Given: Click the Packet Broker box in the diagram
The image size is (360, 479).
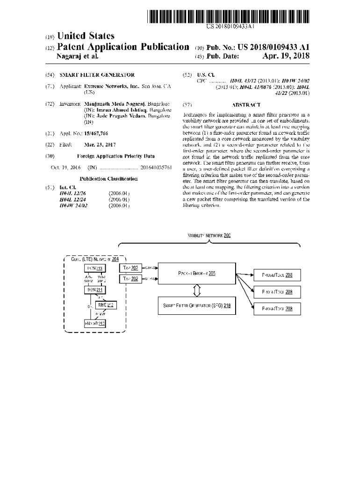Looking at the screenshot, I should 196,274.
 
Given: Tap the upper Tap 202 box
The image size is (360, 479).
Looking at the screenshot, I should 130,268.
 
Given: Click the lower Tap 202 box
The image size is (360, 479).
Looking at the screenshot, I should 130,279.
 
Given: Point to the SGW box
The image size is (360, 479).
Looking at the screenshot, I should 94,290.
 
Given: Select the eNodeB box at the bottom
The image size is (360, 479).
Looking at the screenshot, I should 94,323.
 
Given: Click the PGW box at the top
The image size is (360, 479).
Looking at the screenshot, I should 94,268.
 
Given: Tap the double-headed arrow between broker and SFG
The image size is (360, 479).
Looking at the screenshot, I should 197,290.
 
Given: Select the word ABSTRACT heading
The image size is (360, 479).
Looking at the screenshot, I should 246,105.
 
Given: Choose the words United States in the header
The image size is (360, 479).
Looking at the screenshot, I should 85,36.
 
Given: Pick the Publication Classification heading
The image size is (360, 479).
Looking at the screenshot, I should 108,179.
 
